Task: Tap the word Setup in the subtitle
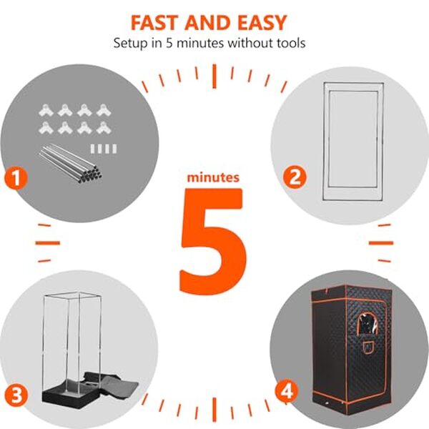131,43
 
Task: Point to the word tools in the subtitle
289,43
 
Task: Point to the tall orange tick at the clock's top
214,76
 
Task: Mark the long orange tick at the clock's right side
381,242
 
